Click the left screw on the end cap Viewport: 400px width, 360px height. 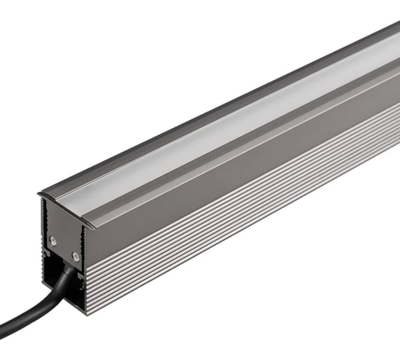[x=52, y=240]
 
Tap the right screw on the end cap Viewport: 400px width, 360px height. [x=76, y=255]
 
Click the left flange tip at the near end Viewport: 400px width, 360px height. [x=39, y=194]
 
